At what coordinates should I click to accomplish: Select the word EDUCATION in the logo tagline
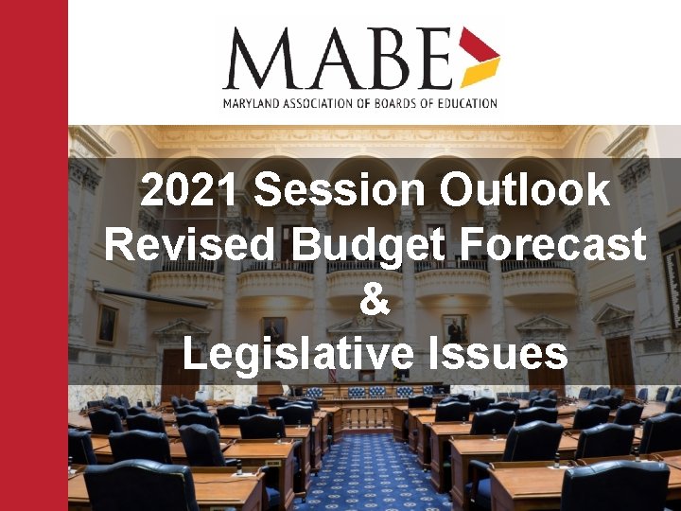click(465, 102)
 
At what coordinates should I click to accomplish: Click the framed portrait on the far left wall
click(108, 324)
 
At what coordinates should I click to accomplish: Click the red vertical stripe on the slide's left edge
click(33, 255)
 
